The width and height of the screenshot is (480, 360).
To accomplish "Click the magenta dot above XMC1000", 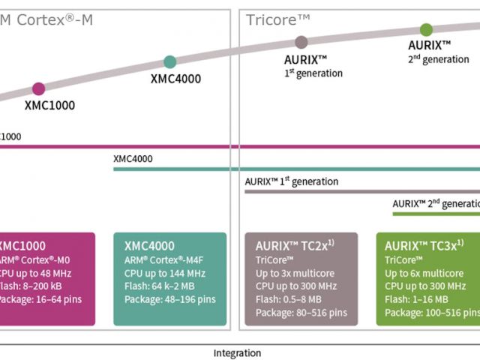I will (x=38, y=88).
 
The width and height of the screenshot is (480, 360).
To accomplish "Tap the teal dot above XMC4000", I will (x=170, y=61).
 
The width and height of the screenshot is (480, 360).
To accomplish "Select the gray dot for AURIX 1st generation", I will (x=301, y=42).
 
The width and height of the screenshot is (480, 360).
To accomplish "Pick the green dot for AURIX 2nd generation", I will (x=426, y=30).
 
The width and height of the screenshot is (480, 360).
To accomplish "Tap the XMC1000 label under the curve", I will (x=49, y=106).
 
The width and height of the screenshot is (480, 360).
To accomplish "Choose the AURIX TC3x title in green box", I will (x=424, y=245).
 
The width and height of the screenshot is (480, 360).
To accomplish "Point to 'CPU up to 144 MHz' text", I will (x=163, y=272).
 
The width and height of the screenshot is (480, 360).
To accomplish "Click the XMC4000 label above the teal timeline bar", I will (x=133, y=159).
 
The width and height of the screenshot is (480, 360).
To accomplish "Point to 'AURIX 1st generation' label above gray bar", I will (x=292, y=181).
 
